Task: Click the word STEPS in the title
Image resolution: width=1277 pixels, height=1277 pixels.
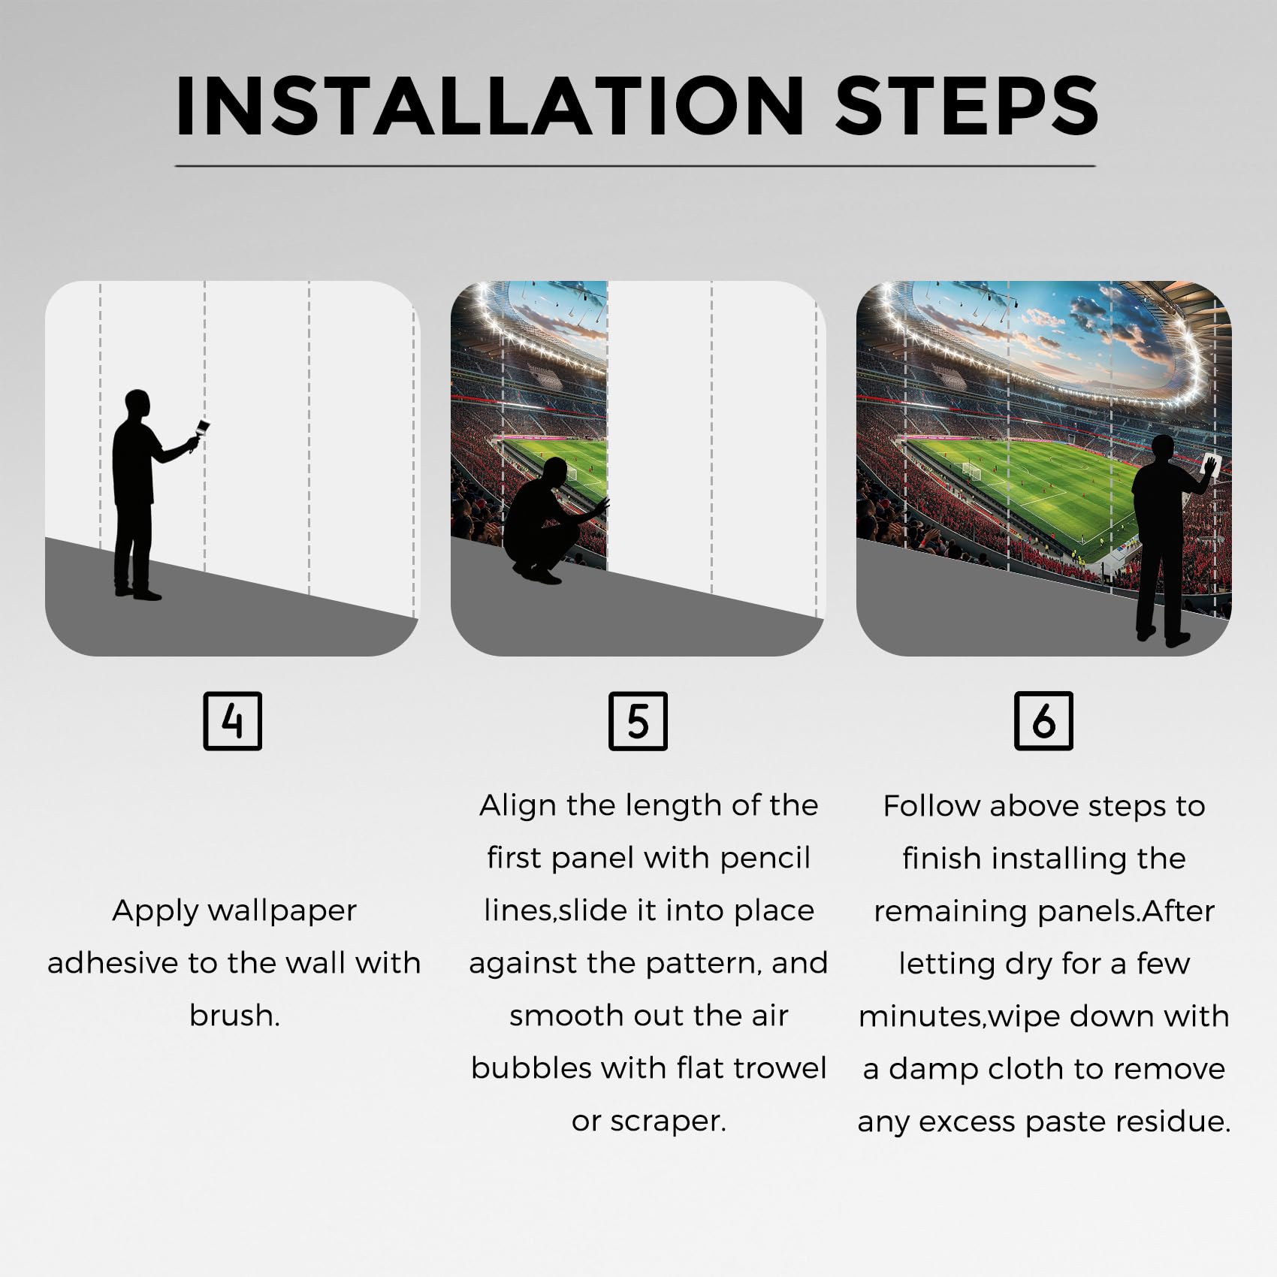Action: tap(968, 106)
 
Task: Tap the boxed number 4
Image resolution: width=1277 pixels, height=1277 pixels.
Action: tap(233, 721)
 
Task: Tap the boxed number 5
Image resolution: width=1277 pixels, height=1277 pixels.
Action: tap(638, 721)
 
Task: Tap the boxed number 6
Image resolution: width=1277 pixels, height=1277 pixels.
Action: tap(1043, 721)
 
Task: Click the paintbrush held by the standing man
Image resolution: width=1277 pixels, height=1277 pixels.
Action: tap(200, 434)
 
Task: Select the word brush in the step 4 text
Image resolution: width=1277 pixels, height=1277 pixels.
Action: tap(234, 1016)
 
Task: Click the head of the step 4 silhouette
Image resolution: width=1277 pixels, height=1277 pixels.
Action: tap(137, 406)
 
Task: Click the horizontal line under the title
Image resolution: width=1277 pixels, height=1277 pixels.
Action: tap(635, 165)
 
